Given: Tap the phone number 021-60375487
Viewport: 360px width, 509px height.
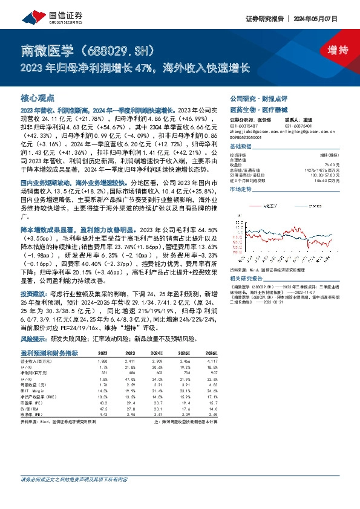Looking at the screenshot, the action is point(244,126).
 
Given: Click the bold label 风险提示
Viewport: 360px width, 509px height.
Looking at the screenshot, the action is point(34,339).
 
